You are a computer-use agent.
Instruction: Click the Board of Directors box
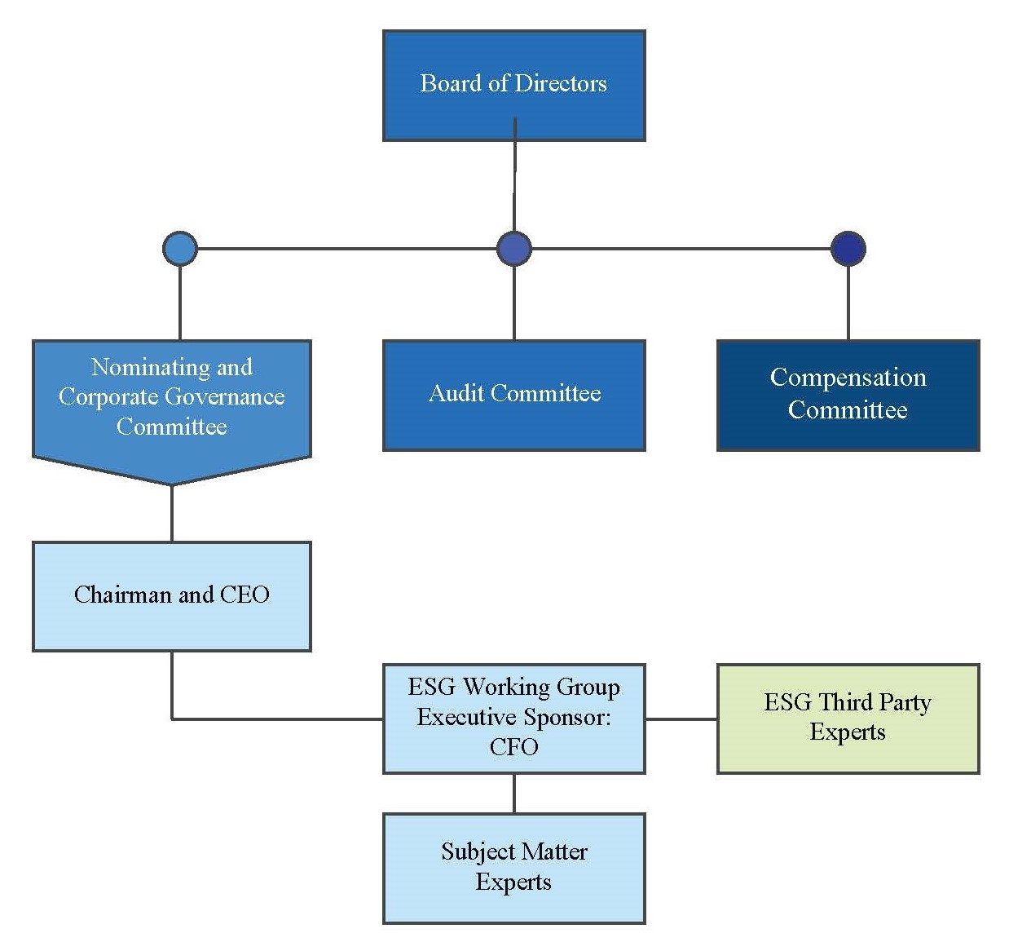click(x=513, y=86)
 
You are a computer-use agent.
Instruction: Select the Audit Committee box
click(x=513, y=395)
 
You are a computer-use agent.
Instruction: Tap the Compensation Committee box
click(x=848, y=395)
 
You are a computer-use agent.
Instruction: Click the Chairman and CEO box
click(x=171, y=596)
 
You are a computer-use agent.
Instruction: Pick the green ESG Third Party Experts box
click(x=848, y=719)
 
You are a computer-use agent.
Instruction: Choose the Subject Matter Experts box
click(x=513, y=868)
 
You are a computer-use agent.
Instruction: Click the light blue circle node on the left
click(x=180, y=249)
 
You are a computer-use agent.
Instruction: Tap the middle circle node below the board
click(x=513, y=249)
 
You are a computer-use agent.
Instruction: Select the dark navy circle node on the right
click(x=848, y=249)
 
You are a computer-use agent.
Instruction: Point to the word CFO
click(x=513, y=747)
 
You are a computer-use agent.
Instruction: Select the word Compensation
click(x=848, y=378)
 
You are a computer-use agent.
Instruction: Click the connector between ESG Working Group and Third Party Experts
click(x=681, y=719)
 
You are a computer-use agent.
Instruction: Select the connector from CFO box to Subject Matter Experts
click(x=513, y=793)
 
